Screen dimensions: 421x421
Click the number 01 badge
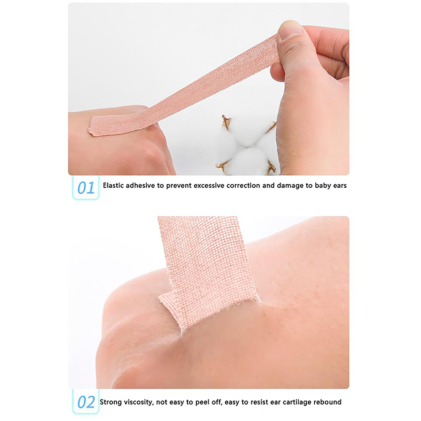86,188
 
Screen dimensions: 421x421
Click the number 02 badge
86,402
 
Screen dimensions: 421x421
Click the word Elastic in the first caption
113,186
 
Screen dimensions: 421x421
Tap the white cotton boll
246,145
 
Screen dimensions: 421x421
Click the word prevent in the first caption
179,186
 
